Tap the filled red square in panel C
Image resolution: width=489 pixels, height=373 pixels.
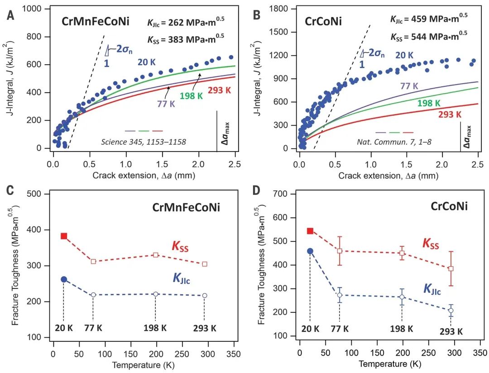[64, 236]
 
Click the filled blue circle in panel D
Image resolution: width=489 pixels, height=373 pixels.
[310, 251]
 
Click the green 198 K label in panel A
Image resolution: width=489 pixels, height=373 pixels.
[192, 95]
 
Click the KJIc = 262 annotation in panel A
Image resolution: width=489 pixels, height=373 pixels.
[186, 22]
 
